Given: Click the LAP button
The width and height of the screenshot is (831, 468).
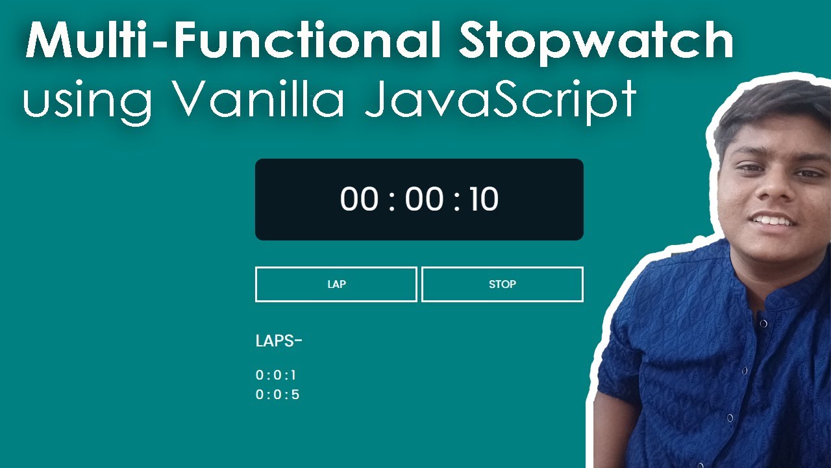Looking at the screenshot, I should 336,284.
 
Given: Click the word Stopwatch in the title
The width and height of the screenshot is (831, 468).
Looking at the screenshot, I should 595,42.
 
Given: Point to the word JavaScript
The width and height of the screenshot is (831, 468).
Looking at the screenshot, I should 500,101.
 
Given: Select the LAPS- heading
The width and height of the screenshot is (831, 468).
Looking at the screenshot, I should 279,341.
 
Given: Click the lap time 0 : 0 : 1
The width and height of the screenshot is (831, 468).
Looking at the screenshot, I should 276,375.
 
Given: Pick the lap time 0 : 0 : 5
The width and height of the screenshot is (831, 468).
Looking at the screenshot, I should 277,395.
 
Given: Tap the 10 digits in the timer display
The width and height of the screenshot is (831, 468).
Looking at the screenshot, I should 483,200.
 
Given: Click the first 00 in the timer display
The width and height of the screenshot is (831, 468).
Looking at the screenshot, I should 359,200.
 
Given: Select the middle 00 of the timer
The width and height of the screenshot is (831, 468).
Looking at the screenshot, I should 424,200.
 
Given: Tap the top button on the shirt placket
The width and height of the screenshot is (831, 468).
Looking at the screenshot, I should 763,323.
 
